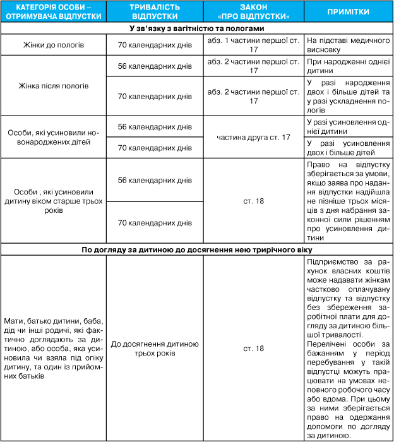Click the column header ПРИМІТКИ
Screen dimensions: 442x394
349,13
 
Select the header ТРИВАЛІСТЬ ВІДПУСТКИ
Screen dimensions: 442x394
155,13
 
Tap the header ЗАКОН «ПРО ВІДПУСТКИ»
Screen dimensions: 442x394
254,13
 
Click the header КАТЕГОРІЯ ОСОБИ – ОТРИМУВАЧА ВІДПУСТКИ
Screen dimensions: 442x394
53,13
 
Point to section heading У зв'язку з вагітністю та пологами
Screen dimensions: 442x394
197,29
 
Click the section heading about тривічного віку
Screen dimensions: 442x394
197,250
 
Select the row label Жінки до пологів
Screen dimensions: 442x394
53,46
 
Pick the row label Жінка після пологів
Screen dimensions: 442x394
53,85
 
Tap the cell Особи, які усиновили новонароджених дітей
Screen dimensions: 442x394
53,137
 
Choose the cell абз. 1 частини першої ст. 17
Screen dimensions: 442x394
254,46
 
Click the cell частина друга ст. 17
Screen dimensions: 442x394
254,137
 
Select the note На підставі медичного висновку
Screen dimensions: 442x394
347,46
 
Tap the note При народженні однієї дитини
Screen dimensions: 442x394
347,66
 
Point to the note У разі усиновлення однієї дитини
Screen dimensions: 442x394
347,127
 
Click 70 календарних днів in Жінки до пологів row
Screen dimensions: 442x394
155,46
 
